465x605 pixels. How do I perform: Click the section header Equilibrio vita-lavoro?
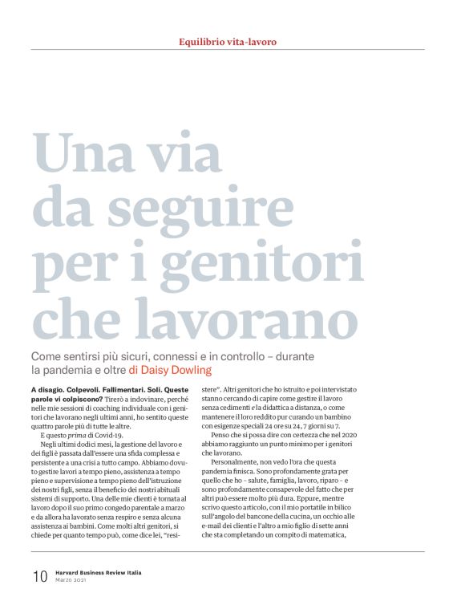(x=232, y=41)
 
